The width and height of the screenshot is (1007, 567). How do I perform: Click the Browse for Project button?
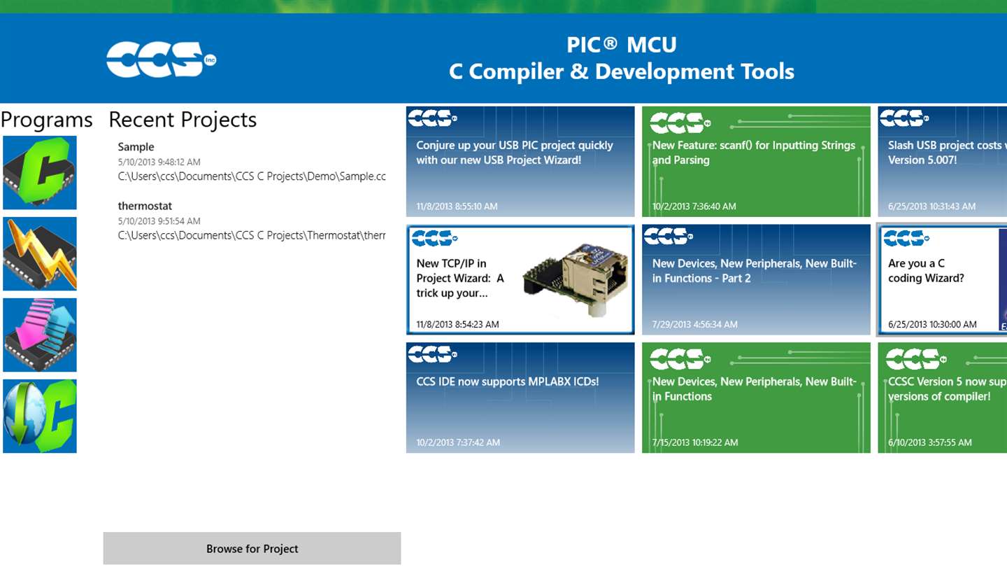[252, 548]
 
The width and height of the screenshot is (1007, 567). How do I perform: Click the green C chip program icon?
[40, 172]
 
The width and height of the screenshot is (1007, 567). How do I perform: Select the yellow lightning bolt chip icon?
[40, 254]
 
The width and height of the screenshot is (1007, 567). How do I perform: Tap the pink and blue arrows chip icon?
[40, 335]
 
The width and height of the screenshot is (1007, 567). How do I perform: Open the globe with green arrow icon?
[40, 416]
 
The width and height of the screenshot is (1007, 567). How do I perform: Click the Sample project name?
[136, 147]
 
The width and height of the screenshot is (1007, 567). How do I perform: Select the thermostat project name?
[145, 206]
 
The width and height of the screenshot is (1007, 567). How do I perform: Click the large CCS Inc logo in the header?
[161, 59]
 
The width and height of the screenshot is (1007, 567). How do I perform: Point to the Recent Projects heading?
[183, 120]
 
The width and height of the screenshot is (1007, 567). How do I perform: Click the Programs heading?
[46, 120]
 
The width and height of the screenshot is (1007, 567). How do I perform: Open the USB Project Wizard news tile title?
[514, 153]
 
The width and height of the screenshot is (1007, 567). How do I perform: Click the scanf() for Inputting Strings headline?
[753, 153]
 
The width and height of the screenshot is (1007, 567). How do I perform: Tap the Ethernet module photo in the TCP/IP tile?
[575, 280]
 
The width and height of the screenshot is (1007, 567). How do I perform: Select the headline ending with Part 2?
[754, 271]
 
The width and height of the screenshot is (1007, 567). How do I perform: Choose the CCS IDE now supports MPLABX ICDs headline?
[507, 381]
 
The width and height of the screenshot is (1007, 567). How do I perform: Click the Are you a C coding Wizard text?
[926, 270]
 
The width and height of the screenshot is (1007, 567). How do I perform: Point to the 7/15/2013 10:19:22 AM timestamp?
[695, 442]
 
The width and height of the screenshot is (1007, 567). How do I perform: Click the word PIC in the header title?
[583, 45]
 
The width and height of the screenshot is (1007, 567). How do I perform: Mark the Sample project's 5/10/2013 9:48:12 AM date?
[159, 162]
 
